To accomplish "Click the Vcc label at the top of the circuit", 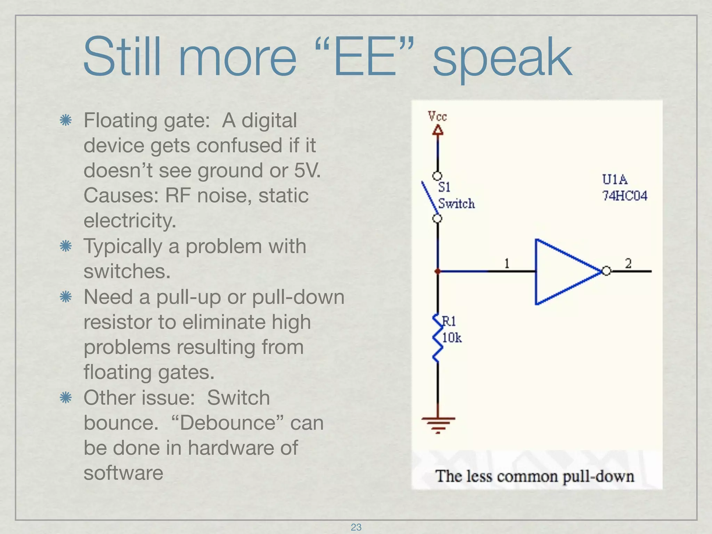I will point(437,116).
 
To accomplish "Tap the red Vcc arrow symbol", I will point(438,130).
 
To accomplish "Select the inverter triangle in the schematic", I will point(563,272).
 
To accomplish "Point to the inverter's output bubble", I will point(606,271).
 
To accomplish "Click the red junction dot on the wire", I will point(438,271).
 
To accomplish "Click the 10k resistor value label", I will point(452,338).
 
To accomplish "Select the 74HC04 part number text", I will point(625,196).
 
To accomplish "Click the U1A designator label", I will point(615,180).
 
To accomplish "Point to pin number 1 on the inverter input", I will point(507,264).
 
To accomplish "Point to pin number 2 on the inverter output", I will point(628,263).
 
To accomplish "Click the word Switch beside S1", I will point(456,203).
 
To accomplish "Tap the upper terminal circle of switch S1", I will point(437,176).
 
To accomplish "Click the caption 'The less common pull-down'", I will point(535,476).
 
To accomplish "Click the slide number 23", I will point(356,527).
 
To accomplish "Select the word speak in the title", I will point(502,57).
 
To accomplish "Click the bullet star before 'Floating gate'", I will point(65,121).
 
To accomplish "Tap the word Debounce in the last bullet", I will point(228,423).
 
